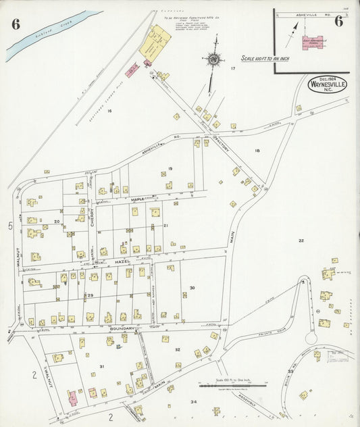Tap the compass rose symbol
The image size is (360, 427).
click(213, 59)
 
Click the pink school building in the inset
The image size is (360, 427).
click(312, 42)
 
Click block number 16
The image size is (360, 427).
click(109, 110)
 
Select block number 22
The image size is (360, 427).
click(301, 241)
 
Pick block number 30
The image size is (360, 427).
click(192, 288)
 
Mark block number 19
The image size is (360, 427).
click(171, 168)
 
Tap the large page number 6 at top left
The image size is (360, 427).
click(16, 24)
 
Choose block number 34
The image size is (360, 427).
click(194, 402)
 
